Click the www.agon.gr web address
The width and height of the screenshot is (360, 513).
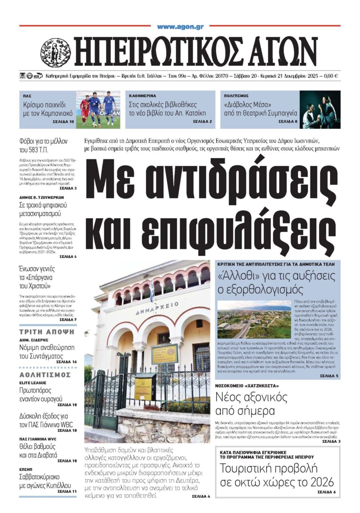pyautogui.click(x=180, y=27)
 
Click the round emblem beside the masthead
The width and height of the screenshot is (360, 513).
pyautogui.click(x=55, y=53)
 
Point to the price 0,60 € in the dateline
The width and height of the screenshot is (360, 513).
pyautogui.click(x=330, y=76)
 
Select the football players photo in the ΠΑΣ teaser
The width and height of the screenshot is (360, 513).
pyautogui.click(x=98, y=109)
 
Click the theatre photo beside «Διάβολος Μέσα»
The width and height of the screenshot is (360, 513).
pyautogui.click(x=320, y=109)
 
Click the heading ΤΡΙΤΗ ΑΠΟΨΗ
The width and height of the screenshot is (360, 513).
pyautogui.click(x=47, y=332)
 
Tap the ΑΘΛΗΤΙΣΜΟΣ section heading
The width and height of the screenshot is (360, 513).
pyautogui.click(x=45, y=375)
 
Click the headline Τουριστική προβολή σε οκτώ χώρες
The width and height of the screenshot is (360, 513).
pyautogui.click(x=276, y=475)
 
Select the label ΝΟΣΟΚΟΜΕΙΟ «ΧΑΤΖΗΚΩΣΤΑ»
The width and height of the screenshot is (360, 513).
pyautogui.click(x=247, y=386)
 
